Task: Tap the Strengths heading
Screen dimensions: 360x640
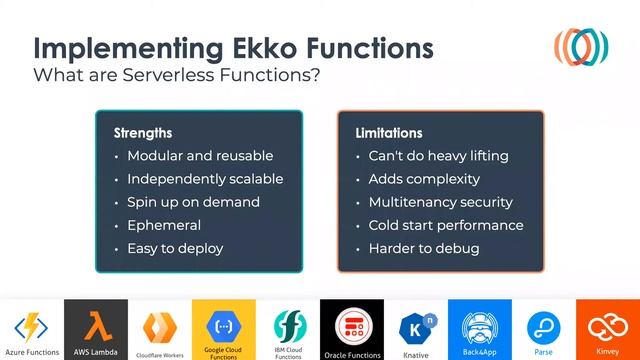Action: (143, 133)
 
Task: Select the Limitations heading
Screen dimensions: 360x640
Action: (389, 133)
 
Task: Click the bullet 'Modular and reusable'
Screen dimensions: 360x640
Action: (200, 156)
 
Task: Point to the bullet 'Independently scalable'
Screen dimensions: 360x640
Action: (205, 179)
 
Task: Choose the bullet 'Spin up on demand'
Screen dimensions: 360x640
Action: (193, 202)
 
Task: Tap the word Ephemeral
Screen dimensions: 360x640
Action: (164, 225)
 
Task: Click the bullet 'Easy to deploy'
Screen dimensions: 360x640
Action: (175, 248)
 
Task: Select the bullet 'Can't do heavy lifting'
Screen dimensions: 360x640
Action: (438, 156)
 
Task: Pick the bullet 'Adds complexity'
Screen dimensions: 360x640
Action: (424, 179)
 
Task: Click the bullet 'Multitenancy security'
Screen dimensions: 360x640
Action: (440, 202)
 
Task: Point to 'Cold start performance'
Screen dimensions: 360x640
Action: (446, 225)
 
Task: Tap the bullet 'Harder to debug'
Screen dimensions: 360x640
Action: (424, 248)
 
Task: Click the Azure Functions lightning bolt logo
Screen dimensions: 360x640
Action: (30, 326)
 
